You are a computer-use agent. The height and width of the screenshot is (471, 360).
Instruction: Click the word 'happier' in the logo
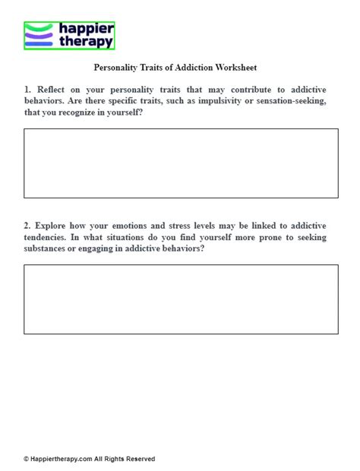point(85,29)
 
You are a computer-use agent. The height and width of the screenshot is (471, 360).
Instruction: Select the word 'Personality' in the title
point(118,67)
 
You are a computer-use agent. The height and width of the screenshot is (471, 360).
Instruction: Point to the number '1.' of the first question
point(28,89)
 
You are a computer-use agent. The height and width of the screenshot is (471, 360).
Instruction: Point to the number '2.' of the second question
point(28,226)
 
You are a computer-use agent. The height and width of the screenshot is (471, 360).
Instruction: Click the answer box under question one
point(181,163)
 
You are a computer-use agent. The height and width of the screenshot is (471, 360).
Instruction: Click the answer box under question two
point(181,299)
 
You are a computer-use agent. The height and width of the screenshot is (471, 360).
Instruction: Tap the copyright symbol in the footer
point(26,459)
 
